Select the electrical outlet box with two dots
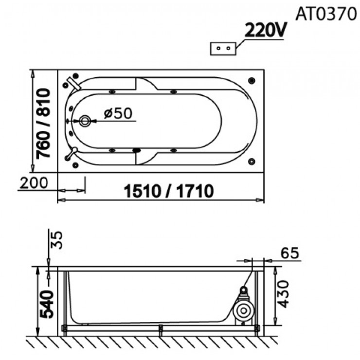click(x=222, y=49)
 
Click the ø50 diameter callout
click(x=118, y=113)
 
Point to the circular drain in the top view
click(x=85, y=121)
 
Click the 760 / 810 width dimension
click(x=43, y=124)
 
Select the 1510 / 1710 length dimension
click(x=168, y=191)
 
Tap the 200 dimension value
click(x=34, y=183)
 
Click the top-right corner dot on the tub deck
click(x=252, y=79)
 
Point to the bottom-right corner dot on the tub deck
click(x=252, y=161)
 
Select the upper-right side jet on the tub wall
click(x=173, y=91)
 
